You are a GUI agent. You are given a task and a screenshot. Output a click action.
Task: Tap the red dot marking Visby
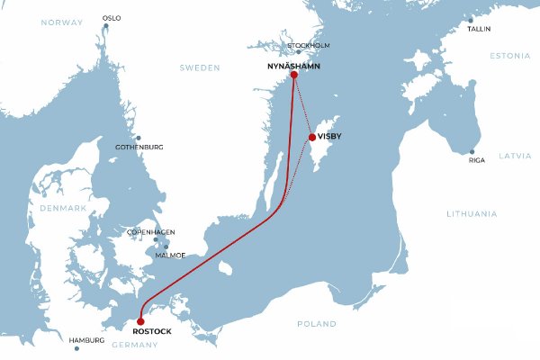tap(312, 137)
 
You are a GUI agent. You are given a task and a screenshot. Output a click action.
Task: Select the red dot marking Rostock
tap(140, 320)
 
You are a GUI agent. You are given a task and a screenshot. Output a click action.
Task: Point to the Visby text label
tap(330, 137)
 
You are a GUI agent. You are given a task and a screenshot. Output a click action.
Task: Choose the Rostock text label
tap(145, 331)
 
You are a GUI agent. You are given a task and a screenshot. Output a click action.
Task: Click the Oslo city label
tap(112, 18)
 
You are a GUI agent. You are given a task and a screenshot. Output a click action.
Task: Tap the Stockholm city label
tap(309, 45)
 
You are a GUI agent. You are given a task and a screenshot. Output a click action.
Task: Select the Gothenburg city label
tap(139, 147)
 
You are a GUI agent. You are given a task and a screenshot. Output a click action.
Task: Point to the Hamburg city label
tap(87, 340)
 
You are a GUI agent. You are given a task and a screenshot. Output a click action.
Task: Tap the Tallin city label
tap(480, 29)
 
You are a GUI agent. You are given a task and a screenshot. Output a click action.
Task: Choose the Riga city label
tap(477, 160)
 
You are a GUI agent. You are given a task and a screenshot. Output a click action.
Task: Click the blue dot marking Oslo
tap(106, 26)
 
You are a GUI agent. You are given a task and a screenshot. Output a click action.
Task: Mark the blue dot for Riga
tap(471, 151)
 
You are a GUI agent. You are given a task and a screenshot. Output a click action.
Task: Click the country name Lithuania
tap(472, 213)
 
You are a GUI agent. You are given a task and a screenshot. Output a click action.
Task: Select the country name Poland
tap(317, 323)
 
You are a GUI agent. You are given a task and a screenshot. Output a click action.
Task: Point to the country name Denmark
tap(62, 208)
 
